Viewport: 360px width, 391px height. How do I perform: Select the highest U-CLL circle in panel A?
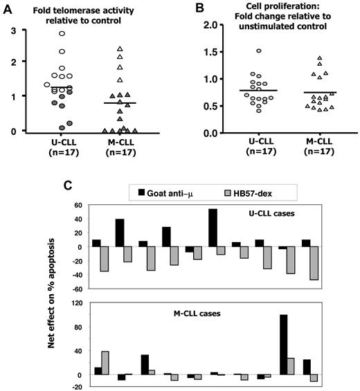click(x=62, y=33)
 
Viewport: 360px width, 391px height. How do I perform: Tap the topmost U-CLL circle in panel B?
click(x=239, y=51)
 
